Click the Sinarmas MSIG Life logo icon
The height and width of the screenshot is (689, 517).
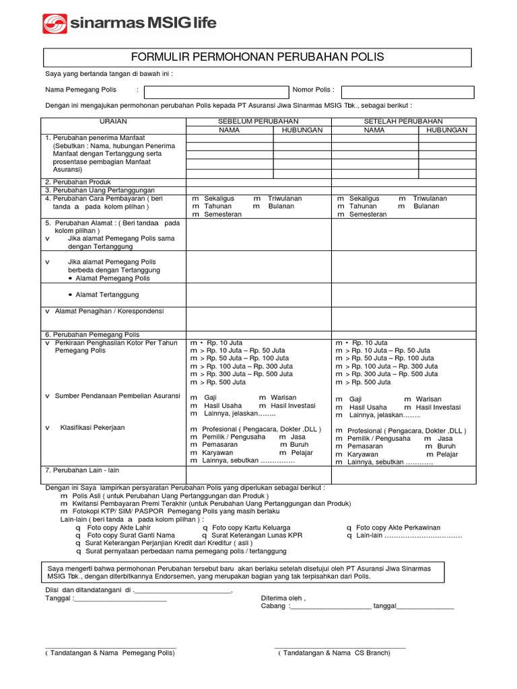tap(55, 24)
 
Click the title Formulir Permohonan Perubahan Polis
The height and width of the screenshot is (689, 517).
tap(258, 57)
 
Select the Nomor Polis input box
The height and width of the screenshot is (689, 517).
tap(407, 92)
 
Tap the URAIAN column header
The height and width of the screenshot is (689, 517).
tap(113, 121)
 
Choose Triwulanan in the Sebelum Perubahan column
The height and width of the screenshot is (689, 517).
tap(284, 198)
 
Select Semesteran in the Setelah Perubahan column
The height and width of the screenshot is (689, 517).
tap(368, 214)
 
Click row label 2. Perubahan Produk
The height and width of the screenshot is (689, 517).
tap(77, 182)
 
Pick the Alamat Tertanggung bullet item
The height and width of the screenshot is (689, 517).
tap(107, 295)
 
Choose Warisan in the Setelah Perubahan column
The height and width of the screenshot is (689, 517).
tap(428, 399)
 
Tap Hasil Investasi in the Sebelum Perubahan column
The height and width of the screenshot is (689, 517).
tap(292, 406)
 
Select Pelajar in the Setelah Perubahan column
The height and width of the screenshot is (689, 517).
tap(446, 454)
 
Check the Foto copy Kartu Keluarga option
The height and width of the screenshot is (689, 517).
tap(253, 528)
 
